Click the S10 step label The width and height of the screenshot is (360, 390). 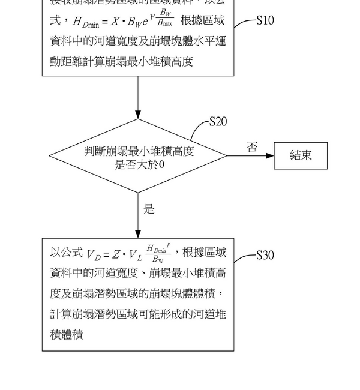point(265,21)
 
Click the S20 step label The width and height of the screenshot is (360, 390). point(218,122)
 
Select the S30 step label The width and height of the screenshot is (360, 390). point(265,256)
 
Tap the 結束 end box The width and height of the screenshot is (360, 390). point(301,155)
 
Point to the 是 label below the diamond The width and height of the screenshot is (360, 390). point(149,209)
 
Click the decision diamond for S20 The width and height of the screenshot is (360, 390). point(138,156)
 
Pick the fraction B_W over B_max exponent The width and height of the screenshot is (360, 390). point(165,18)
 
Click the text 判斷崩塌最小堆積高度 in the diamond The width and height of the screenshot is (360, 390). point(139,151)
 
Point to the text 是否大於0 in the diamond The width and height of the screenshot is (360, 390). point(139,164)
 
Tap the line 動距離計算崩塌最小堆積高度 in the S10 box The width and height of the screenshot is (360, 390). point(121,61)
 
